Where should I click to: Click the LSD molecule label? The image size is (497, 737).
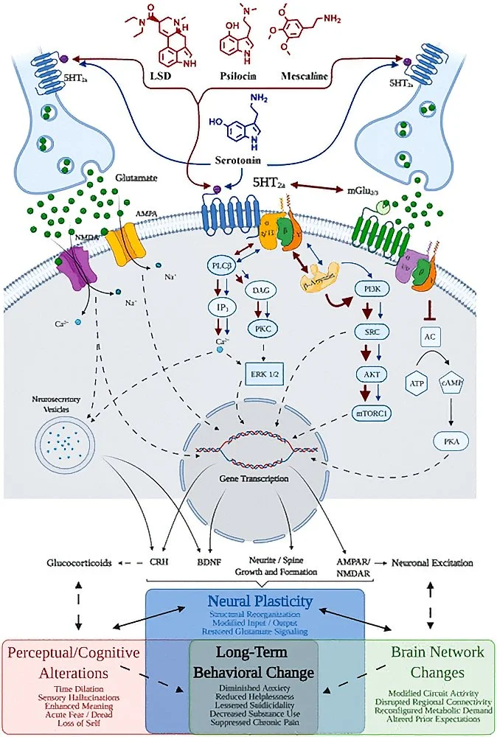169,77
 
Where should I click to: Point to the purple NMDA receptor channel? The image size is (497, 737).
73,266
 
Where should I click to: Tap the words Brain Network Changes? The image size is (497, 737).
437,662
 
